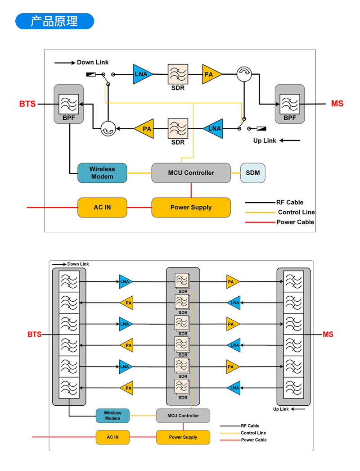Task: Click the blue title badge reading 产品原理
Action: coord(54,21)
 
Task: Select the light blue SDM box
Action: coord(252,173)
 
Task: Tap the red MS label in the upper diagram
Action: coord(337,104)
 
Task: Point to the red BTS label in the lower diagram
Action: coord(34,335)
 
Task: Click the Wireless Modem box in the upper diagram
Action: coord(102,173)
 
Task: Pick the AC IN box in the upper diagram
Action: coord(102,208)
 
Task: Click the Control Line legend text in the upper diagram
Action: coord(296,212)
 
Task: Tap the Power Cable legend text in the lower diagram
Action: coord(254,440)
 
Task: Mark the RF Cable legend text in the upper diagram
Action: coord(290,202)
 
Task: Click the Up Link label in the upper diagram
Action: coord(265,140)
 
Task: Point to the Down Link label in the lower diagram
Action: coord(78,264)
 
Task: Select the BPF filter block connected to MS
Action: coord(290,104)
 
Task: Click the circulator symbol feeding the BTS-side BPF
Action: coord(108,129)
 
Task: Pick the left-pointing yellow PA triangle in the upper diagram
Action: coord(145,129)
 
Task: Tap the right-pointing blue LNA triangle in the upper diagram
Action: coord(142,74)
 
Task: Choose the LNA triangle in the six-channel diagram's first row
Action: coord(125,282)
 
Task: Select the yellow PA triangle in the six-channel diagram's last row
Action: coord(128,388)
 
